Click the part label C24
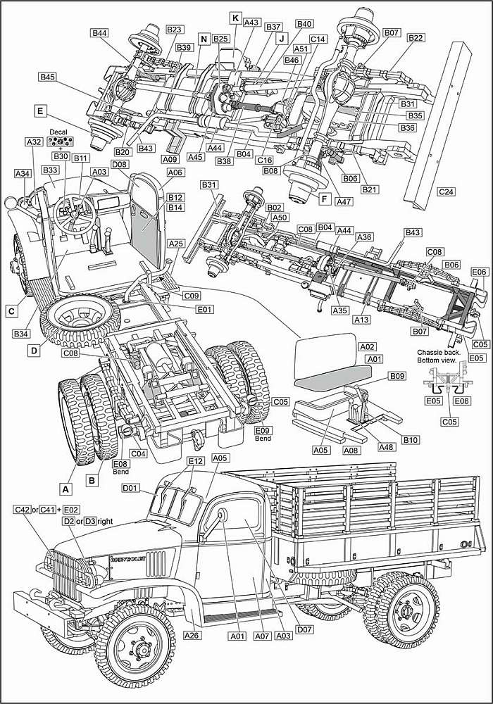tap(445, 191)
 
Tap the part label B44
tap(99, 33)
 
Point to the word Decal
tap(58, 132)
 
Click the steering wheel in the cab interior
tap(74, 209)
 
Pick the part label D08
tap(120, 165)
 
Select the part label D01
tap(130, 487)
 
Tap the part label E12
tap(195, 461)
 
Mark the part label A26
tap(192, 635)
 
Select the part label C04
tap(139, 453)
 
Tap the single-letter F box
tap(323, 199)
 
